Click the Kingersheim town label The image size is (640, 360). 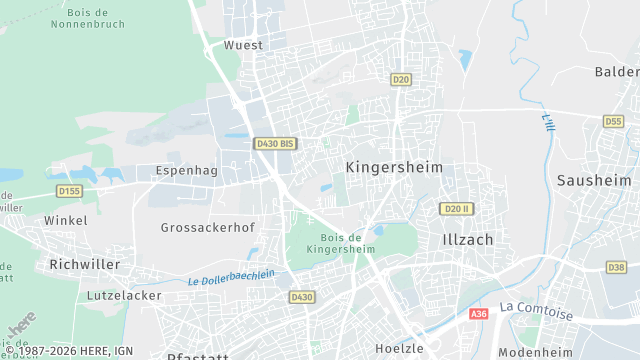coord(394,167)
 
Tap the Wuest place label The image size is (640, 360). coord(243,45)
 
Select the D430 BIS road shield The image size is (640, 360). coord(274,144)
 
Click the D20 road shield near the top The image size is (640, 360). coord(401,79)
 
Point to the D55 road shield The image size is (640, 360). coord(613,121)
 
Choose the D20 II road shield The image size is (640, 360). coord(456,208)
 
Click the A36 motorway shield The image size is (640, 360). coord(479,313)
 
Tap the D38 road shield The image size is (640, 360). coord(616,267)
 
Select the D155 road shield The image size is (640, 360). coord(69,190)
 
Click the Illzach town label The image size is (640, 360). coord(467,240)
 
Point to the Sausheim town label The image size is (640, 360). coord(594,181)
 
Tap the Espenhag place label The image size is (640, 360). coord(186,171)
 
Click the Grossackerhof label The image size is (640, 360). coord(208,227)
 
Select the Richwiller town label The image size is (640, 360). coord(84,265)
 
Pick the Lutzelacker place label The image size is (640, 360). coord(124,296)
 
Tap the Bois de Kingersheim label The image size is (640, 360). coord(334,242)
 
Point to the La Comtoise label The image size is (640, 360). coord(536,312)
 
